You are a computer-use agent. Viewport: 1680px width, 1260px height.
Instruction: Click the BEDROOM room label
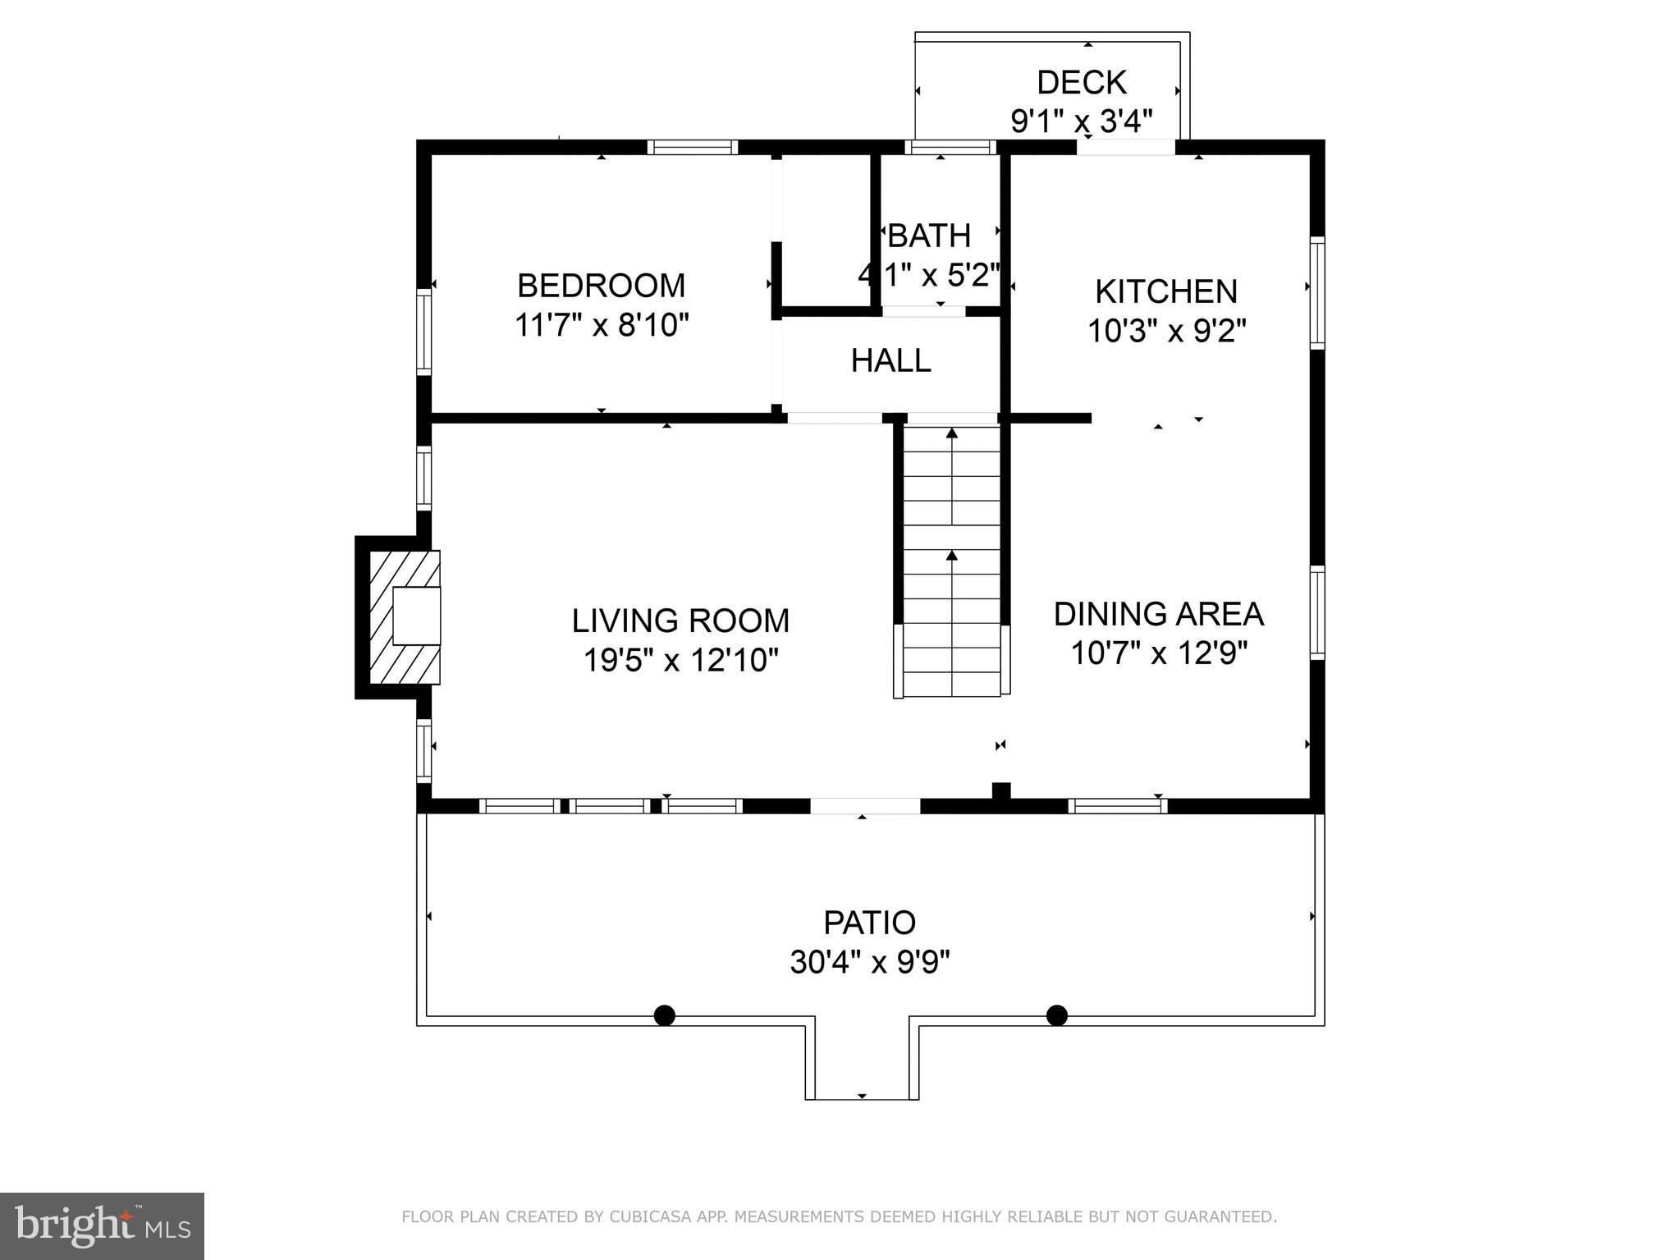(601, 286)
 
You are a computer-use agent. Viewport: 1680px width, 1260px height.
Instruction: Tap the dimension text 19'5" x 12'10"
(680, 660)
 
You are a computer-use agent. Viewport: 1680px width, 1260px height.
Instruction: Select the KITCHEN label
(1166, 292)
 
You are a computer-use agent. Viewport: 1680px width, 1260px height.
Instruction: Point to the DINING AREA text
(1158, 614)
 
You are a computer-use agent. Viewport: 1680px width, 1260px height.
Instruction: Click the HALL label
(890, 361)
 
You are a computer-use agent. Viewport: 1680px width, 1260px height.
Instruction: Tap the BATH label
(929, 236)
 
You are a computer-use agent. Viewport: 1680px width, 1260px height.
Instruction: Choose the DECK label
(1081, 83)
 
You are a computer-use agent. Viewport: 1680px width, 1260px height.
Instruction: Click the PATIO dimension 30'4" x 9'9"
(869, 961)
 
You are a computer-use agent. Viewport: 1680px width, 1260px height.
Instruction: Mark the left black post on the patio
(664, 1016)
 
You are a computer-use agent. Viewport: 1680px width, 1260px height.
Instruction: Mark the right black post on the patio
(1056, 1016)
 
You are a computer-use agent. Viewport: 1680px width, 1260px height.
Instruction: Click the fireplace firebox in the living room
(416, 616)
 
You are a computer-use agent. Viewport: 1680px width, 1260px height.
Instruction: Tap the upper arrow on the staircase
(952, 435)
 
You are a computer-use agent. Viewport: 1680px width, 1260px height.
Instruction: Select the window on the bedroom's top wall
(692, 148)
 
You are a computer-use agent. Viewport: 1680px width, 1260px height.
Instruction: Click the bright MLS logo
(102, 1226)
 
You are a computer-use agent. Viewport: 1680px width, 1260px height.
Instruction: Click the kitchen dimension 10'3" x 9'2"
(1166, 332)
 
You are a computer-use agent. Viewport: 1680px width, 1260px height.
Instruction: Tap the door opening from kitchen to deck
(1125, 148)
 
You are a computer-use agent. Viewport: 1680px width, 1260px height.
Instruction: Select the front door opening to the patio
(865, 806)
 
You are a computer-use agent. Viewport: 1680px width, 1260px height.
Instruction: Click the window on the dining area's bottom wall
(1117, 806)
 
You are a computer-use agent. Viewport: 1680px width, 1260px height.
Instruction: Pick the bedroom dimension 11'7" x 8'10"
(601, 326)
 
